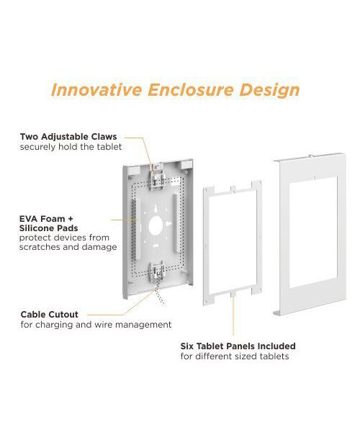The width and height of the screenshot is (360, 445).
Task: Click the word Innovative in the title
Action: (x=96, y=90)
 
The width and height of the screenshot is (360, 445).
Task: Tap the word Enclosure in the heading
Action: (x=190, y=90)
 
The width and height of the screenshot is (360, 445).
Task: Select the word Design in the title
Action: (x=269, y=91)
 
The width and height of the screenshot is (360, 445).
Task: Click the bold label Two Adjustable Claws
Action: (x=68, y=137)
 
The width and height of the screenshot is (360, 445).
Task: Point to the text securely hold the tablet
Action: (x=71, y=147)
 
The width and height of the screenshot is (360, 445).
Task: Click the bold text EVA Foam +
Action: (x=46, y=219)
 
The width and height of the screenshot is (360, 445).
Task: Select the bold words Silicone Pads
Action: (x=48, y=228)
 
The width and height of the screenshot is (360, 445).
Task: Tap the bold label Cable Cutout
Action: (x=50, y=315)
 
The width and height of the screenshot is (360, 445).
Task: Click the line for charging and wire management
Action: (x=96, y=324)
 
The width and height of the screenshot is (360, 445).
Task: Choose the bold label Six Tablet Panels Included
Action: (x=238, y=346)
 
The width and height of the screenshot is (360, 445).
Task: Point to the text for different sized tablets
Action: (x=235, y=356)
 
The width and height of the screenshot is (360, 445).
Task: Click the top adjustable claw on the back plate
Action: (x=156, y=177)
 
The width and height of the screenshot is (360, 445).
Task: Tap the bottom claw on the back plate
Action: (x=156, y=272)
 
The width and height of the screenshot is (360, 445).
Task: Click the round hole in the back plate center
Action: (x=156, y=225)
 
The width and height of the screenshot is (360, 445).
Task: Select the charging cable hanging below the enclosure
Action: (x=159, y=294)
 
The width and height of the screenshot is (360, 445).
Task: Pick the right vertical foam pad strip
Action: (x=176, y=223)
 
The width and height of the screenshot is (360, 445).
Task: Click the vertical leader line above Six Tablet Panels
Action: (x=233, y=315)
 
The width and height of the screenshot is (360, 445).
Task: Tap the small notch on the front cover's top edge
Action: (x=311, y=156)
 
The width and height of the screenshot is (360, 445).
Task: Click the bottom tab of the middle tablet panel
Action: (x=233, y=295)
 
